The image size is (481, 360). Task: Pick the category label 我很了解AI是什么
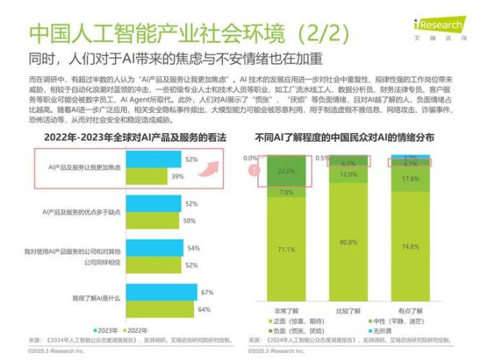click(x=95, y=298)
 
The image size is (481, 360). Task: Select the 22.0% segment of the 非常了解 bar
click(x=286, y=172)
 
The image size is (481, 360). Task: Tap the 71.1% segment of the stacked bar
click(x=286, y=250)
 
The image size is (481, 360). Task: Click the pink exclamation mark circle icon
click(x=253, y=170)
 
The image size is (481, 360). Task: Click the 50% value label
click(x=190, y=220)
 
